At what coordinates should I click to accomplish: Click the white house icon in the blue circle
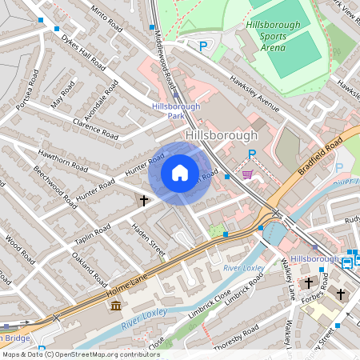click(179, 172)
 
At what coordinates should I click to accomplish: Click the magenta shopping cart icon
click(248, 174)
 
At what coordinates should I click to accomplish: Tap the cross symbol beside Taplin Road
click(144, 200)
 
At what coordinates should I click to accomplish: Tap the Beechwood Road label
click(54, 186)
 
